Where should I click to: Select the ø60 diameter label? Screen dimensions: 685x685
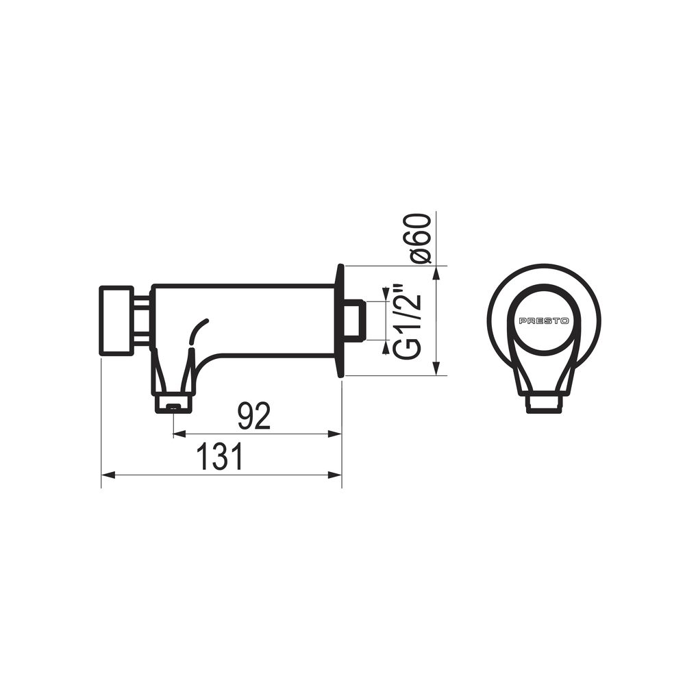tap(421, 238)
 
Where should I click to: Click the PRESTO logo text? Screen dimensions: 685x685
tap(543, 321)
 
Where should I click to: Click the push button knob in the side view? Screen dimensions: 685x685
tap(116, 321)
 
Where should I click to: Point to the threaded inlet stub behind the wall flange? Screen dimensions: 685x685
tap(355, 320)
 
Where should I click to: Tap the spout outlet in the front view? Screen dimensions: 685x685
tap(543, 404)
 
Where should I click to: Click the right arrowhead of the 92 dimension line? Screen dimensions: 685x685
tap(335, 434)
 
